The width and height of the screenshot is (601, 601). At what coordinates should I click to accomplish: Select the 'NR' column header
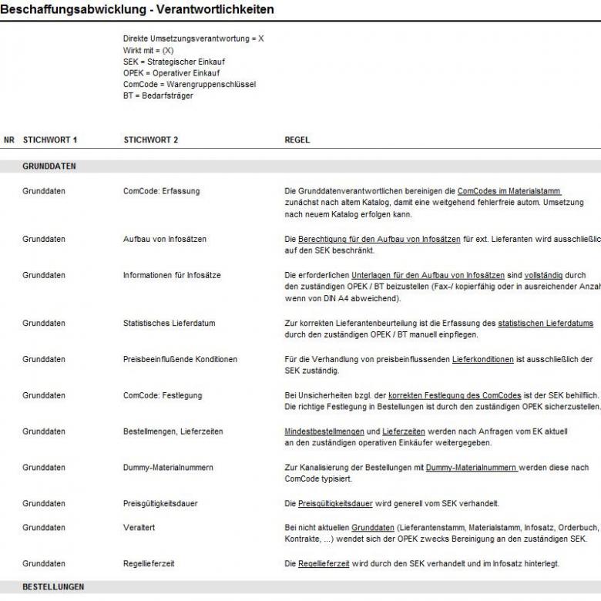click(x=9, y=140)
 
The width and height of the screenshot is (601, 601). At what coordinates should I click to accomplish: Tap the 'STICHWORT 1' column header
click(x=50, y=140)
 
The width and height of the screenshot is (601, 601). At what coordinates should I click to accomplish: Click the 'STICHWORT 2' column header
click(x=151, y=140)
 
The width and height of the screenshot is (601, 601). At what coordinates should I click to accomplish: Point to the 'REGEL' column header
click(x=297, y=140)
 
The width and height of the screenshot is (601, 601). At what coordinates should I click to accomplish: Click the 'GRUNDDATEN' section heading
click(x=49, y=166)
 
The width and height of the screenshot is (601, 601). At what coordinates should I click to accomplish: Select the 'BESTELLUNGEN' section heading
click(x=53, y=587)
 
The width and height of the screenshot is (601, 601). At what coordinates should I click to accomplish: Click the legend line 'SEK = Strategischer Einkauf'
click(x=174, y=62)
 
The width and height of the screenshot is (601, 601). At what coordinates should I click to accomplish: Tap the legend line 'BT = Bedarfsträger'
click(x=158, y=96)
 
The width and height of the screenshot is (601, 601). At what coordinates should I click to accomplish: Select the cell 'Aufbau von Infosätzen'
click(x=165, y=240)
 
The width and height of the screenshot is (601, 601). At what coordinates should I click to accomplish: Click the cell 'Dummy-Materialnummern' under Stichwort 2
click(x=168, y=468)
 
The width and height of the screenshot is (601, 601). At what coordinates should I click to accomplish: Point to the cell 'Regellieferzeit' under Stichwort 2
click(x=149, y=564)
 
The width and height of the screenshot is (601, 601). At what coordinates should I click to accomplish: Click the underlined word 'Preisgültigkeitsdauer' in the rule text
click(x=335, y=504)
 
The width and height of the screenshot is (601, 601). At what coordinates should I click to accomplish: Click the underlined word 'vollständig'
click(x=545, y=275)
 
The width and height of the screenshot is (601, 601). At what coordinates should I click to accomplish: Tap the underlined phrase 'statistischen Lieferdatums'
click(x=546, y=324)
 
